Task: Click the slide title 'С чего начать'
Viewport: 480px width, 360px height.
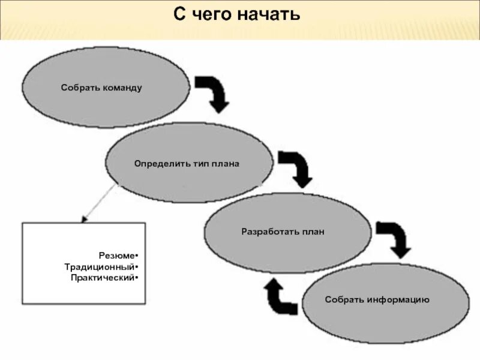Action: [x=237, y=14]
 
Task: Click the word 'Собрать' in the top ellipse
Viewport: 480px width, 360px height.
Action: [x=79, y=88]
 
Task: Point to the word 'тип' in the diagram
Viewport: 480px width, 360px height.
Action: [x=193, y=164]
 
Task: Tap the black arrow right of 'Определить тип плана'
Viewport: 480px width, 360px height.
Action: [x=296, y=167]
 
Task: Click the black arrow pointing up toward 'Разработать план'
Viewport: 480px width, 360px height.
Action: [x=280, y=296]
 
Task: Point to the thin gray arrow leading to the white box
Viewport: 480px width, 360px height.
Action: [x=98, y=203]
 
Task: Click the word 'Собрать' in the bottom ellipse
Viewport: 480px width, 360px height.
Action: [x=344, y=299]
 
